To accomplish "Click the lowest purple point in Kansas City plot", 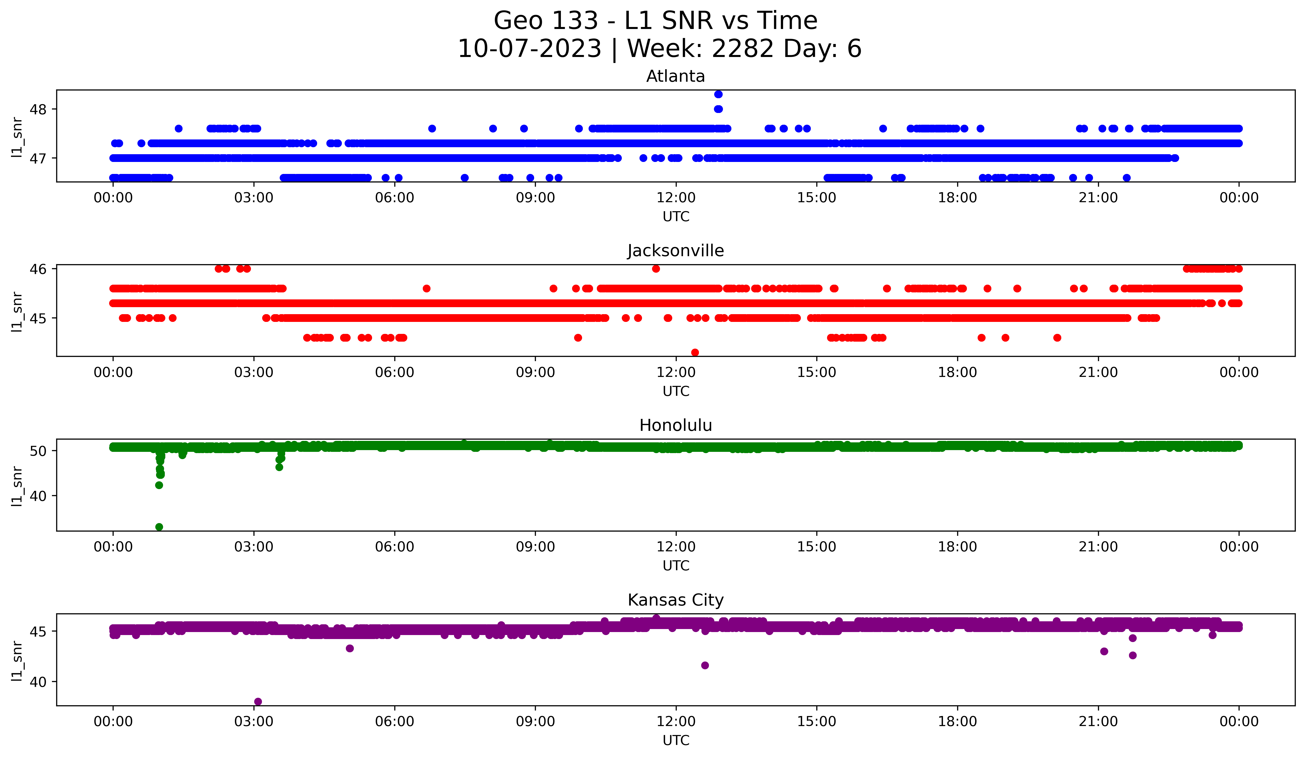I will tap(258, 702).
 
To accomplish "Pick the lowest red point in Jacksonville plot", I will tap(695, 352).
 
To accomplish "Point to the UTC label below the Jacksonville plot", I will tap(676, 391).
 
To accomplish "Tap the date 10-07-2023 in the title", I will tap(529, 49).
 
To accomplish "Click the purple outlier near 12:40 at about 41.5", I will tap(705, 665).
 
